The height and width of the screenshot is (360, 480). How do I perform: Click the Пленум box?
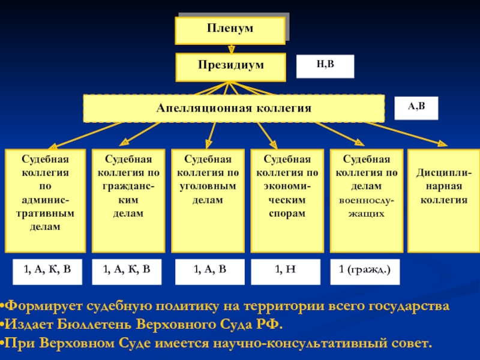pos(230,31)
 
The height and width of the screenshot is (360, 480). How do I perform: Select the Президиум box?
pos(231,67)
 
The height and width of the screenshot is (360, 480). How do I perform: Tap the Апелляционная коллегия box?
pos(234,109)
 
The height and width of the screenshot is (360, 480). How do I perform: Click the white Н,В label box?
pos(325,67)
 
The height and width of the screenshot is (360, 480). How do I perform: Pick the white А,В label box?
pos(416,108)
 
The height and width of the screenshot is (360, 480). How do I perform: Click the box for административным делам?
pos(46,201)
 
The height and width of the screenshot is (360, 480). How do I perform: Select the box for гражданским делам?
pos(128,201)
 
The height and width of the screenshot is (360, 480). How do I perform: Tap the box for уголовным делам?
pos(208,201)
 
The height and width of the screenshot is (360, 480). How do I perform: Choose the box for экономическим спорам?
pos(287,201)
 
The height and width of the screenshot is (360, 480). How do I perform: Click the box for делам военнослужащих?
pos(367,201)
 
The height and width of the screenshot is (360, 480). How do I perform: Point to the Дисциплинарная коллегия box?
pos(444,201)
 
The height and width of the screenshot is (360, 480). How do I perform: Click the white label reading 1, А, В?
pos(210,272)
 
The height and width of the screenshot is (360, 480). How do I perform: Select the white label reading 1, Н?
pos(286,272)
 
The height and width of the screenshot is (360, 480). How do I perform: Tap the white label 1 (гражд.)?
pos(365,272)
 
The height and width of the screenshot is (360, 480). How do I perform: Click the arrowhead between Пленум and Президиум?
pos(232,49)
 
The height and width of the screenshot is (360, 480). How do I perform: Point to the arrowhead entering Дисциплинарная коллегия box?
pos(443,143)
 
